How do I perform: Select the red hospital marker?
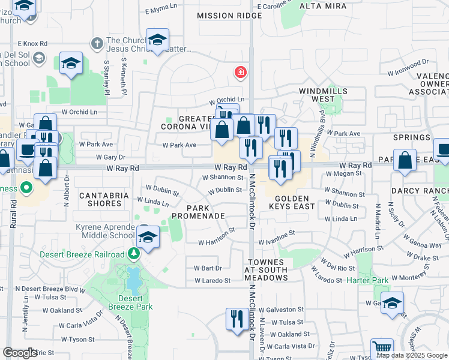241,73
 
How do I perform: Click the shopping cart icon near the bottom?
382,348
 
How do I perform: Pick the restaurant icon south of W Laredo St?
236,317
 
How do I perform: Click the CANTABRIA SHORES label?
100,199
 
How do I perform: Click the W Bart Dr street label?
208,268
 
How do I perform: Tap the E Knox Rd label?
32,44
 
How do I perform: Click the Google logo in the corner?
20,353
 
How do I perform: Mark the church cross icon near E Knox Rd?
96,43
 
